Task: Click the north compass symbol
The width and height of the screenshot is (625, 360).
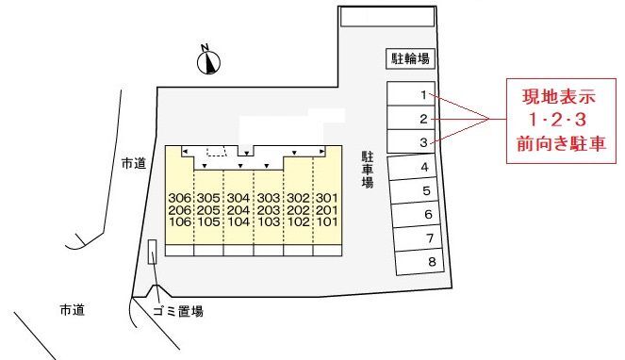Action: point(209,61)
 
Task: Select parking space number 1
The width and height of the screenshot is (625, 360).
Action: point(424,94)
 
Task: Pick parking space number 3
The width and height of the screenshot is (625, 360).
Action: point(424,142)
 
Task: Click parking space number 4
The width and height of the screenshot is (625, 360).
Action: point(425,167)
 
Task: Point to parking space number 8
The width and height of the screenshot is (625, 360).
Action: point(431,262)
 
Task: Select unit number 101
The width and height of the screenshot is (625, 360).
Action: point(326,223)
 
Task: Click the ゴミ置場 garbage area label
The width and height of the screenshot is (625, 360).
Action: point(178,310)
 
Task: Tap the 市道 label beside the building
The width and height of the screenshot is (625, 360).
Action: point(134,163)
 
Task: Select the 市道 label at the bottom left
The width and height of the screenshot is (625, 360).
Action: point(72,309)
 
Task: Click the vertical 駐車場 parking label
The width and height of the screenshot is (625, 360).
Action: point(368,170)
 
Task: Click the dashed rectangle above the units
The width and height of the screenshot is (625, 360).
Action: point(217,151)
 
